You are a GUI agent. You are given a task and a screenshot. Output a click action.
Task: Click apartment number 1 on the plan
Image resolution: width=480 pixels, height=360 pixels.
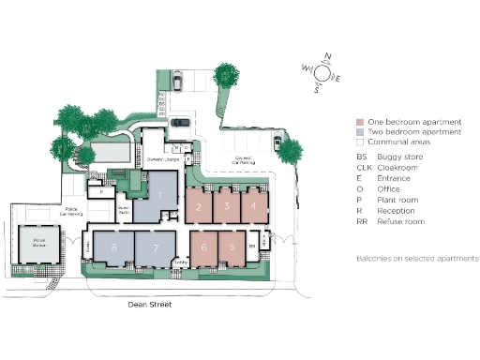tap(159, 198)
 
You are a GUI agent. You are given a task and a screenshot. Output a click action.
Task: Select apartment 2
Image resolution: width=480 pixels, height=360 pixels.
tap(199, 205)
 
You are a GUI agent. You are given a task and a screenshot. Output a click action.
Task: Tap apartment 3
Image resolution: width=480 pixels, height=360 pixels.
tap(226, 205)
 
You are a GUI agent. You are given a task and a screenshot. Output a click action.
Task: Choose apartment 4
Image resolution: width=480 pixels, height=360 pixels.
tap(253, 205)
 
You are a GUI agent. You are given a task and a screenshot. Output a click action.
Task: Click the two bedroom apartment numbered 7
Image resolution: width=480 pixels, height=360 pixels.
tap(153, 248)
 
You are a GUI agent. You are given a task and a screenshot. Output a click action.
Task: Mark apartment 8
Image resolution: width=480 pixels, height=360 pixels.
tap(113, 248)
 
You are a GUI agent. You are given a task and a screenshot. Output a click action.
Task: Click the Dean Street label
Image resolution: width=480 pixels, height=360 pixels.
tap(151, 305)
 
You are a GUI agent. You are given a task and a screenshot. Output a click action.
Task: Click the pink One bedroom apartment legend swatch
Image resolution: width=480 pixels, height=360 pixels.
tap(360, 123)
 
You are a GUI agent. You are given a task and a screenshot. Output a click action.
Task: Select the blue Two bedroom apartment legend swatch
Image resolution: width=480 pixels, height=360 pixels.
tap(360, 133)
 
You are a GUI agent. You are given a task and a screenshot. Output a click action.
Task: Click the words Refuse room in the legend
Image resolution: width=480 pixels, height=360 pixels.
tap(402, 222)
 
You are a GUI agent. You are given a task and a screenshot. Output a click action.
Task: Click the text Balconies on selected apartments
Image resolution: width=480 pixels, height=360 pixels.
tap(417, 258)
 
